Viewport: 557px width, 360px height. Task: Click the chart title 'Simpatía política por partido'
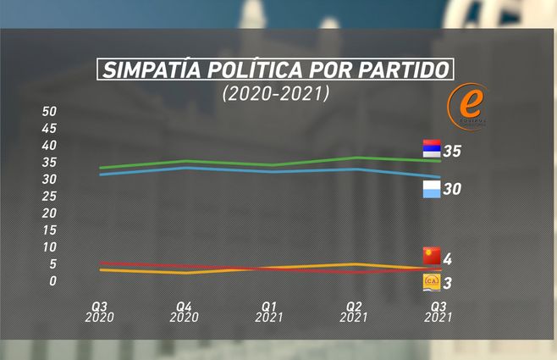[275, 70]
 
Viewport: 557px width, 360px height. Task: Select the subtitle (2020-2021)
[275, 94]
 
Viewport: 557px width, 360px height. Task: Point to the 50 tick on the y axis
[49, 112]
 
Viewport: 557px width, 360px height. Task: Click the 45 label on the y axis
[49, 129]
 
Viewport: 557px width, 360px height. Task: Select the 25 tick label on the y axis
[49, 197]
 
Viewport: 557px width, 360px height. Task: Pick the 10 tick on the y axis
[49, 247]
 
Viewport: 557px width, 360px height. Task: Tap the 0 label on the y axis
[52, 281]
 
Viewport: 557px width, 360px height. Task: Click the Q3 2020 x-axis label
[99, 312]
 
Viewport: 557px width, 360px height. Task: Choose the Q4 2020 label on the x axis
[184, 312]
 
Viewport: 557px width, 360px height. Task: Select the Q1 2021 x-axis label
[269, 312]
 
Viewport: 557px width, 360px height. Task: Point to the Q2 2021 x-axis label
[354, 312]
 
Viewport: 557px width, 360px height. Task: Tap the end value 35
[451, 152]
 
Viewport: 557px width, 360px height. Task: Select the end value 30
[451, 190]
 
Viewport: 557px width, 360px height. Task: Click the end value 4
[448, 258]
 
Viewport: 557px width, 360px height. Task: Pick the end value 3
[448, 283]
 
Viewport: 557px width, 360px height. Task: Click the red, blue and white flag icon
[432, 147]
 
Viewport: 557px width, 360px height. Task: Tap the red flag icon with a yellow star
[432, 255]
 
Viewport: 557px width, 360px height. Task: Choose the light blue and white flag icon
[432, 189]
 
